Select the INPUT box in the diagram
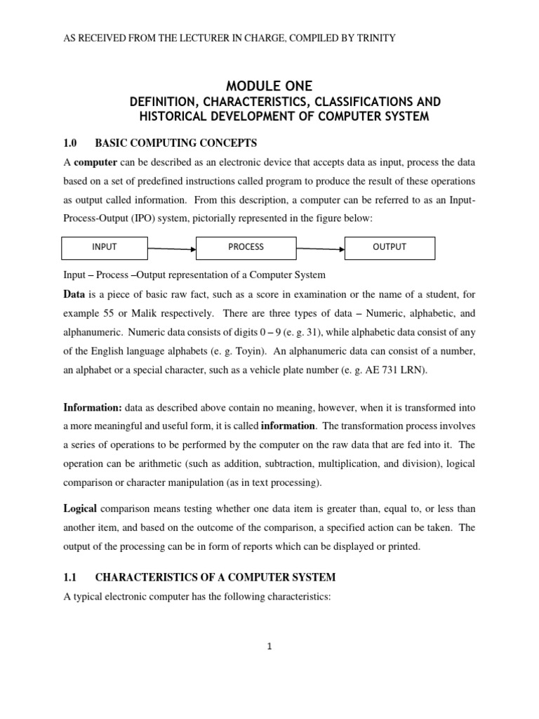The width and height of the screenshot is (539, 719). [105, 247]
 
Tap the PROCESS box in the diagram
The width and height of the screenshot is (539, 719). [246, 247]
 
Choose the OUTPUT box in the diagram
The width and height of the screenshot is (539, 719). [390, 247]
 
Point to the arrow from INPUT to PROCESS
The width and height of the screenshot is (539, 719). [171, 248]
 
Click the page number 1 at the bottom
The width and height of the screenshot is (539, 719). [269, 647]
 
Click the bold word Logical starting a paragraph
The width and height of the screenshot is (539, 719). [81, 506]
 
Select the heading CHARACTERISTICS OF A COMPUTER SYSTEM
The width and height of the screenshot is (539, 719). [215, 577]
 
